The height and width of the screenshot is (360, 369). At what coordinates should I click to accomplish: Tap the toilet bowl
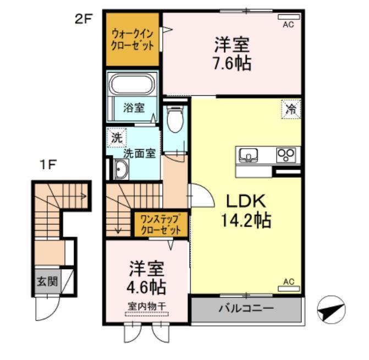(x=175, y=120)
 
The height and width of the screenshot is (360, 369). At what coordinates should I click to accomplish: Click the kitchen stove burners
(x=287, y=155)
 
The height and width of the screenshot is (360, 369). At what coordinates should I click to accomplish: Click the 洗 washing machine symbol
(x=116, y=138)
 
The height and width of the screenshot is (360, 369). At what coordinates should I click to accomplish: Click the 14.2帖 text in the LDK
(x=245, y=221)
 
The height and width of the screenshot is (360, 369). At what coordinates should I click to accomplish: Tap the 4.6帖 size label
(x=147, y=287)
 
